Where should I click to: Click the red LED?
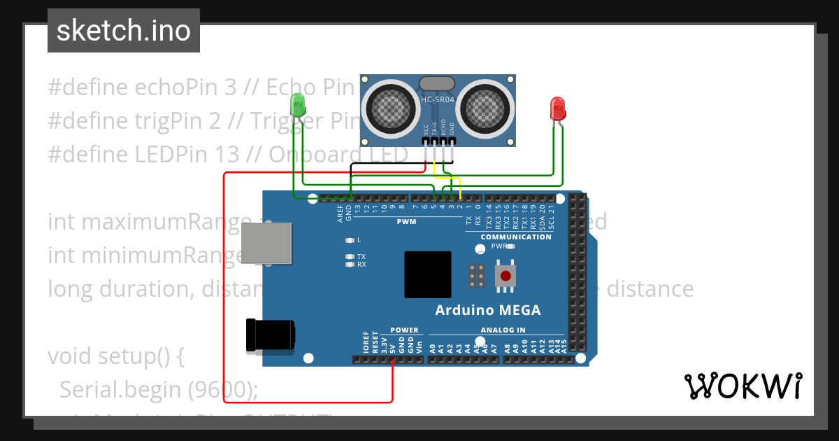tap(558, 108)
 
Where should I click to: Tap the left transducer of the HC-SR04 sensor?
tap(389, 106)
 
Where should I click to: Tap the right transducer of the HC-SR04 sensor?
tap(485, 106)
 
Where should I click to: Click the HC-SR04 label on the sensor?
tap(438, 100)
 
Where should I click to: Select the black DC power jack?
tap(270, 337)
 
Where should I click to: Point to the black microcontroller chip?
tap(427, 274)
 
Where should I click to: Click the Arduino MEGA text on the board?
tap(487, 310)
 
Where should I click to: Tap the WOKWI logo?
tap(743, 386)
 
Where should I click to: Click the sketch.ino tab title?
tap(124, 31)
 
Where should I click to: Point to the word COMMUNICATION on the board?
tap(516, 237)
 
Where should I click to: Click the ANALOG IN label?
tap(503, 330)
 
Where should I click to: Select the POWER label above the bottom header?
tap(404, 330)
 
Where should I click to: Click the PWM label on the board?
tap(406, 222)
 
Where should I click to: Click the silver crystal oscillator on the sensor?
tap(437, 83)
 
